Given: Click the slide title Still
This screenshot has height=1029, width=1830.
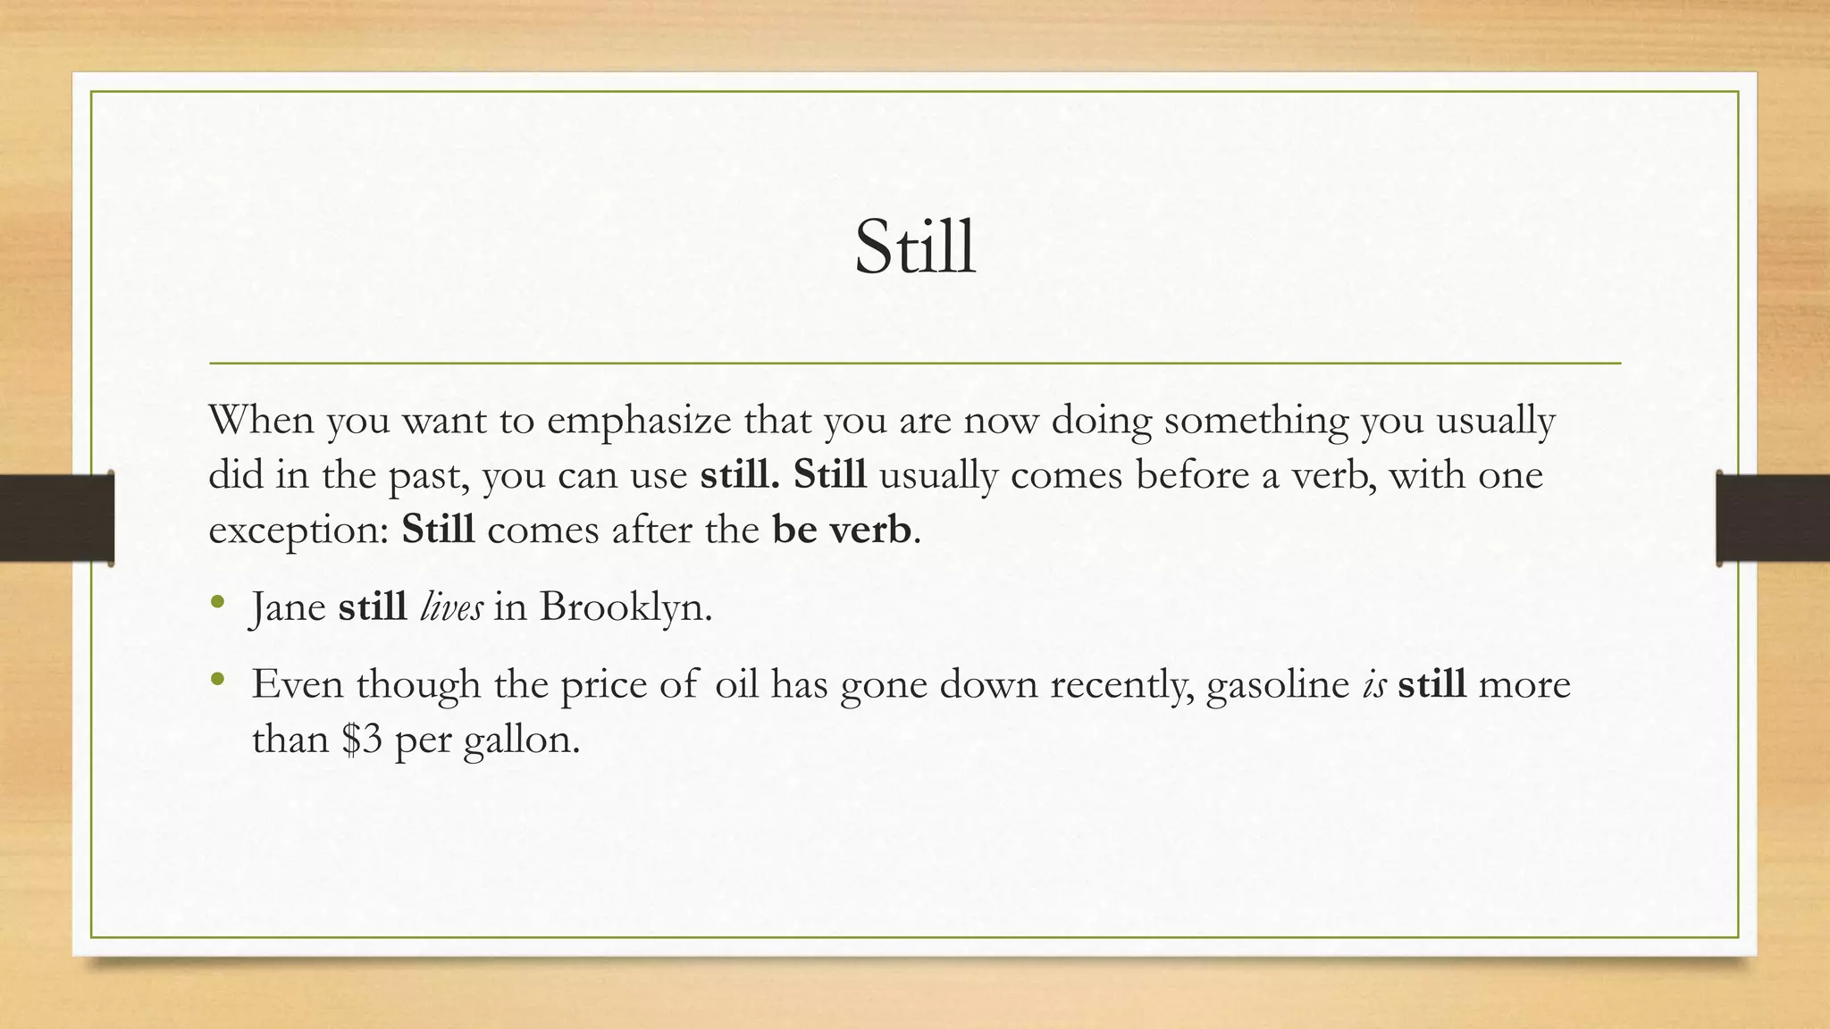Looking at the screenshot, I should [x=915, y=247].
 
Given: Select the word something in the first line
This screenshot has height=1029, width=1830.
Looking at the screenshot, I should [x=1255, y=420].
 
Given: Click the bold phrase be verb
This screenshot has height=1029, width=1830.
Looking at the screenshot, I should [x=841, y=530].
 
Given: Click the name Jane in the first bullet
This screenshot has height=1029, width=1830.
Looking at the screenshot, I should [x=288, y=608].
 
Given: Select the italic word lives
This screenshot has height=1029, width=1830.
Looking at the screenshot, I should [x=451, y=607].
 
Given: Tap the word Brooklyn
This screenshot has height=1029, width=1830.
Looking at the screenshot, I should [x=625, y=608].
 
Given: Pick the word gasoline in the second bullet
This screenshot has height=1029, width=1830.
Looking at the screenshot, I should [x=1278, y=685].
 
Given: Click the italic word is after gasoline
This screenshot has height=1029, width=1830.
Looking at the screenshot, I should [x=1373, y=684].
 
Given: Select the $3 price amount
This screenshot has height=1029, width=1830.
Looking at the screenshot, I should [x=362, y=740].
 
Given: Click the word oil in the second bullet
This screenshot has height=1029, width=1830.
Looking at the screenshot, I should [x=736, y=684].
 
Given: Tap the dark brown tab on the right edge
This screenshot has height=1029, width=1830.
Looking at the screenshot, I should [x=1773, y=518].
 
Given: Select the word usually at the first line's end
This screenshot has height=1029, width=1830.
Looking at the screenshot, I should [x=1495, y=420].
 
